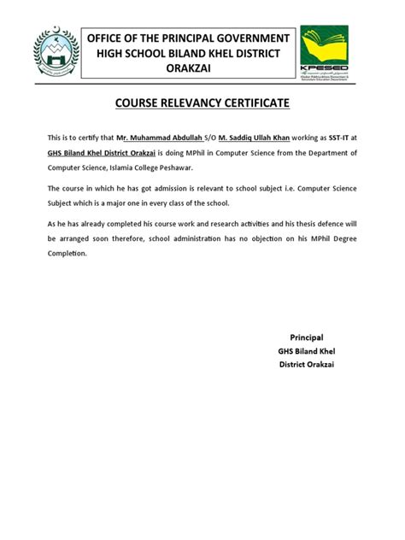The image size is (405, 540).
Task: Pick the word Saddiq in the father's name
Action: click(235, 138)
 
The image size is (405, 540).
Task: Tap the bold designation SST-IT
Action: click(333, 138)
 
